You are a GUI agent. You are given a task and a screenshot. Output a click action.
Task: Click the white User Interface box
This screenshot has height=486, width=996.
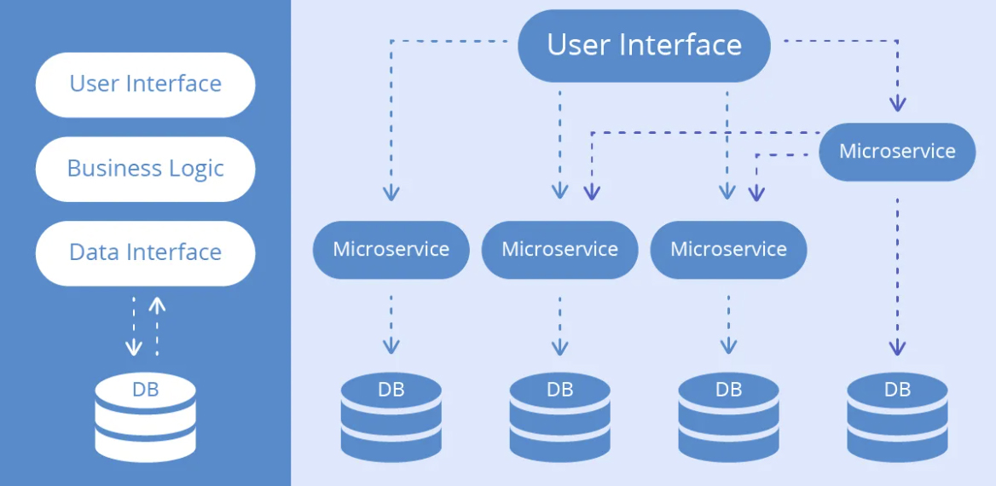pyautogui.click(x=146, y=84)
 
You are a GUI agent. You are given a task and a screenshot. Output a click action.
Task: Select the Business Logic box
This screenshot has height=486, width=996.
pyautogui.click(x=146, y=169)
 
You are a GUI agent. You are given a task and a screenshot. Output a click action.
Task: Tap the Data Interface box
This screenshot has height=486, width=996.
pyautogui.click(x=146, y=253)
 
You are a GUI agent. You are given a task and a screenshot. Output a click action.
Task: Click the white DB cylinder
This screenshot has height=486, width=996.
pyautogui.click(x=146, y=417)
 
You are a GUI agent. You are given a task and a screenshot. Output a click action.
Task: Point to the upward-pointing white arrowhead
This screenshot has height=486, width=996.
pyautogui.click(x=157, y=305)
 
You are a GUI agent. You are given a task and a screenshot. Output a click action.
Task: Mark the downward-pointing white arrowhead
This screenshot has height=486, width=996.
pyautogui.click(x=133, y=348)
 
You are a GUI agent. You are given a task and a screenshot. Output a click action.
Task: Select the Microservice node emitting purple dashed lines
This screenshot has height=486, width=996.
pyautogui.click(x=897, y=152)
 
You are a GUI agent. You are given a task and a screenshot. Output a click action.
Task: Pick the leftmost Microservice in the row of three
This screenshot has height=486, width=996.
pyautogui.click(x=391, y=250)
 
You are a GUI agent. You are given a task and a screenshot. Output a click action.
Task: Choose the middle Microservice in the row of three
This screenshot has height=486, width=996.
pyautogui.click(x=559, y=250)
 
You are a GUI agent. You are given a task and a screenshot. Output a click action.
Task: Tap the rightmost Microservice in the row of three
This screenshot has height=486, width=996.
pyautogui.click(x=728, y=250)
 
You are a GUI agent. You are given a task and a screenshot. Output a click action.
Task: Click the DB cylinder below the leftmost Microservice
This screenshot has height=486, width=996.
pyautogui.click(x=391, y=417)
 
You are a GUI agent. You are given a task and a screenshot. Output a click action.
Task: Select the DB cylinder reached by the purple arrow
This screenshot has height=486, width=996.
pyautogui.click(x=897, y=417)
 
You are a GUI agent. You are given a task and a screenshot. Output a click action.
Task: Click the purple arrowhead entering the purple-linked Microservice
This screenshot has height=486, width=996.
pyautogui.click(x=897, y=103)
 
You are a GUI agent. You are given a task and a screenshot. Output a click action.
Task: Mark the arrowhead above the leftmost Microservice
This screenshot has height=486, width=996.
pyautogui.click(x=391, y=193)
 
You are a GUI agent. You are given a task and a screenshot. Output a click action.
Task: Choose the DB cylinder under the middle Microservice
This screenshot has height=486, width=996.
pyautogui.click(x=559, y=417)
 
